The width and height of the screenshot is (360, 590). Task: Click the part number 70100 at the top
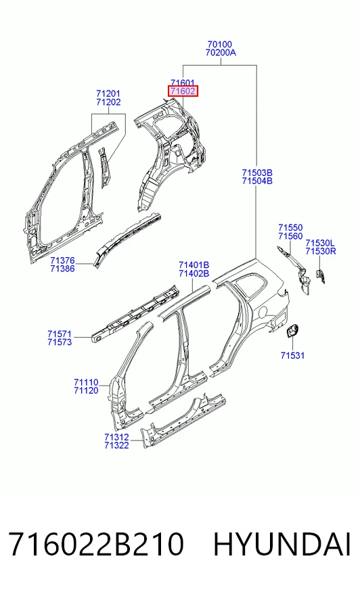(220, 45)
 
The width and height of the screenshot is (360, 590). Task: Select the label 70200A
(221, 53)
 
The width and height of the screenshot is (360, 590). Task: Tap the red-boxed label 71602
(183, 91)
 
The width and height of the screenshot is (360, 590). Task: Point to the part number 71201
(108, 93)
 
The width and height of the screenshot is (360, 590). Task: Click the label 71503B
(257, 173)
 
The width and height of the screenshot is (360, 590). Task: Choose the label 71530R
(321, 251)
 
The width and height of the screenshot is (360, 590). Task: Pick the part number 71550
(290, 227)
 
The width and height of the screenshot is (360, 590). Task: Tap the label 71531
(292, 355)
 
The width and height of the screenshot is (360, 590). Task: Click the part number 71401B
(194, 265)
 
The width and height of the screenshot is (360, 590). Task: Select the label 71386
(62, 269)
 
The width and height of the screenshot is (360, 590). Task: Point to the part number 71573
(60, 342)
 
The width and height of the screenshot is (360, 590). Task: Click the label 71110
(86, 382)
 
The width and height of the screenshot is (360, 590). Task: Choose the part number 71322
(116, 445)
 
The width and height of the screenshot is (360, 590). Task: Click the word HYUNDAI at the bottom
(282, 545)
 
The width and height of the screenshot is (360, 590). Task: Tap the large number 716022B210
(96, 545)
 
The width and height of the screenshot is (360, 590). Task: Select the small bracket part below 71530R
(321, 276)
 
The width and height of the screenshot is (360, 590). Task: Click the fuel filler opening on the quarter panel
(263, 311)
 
